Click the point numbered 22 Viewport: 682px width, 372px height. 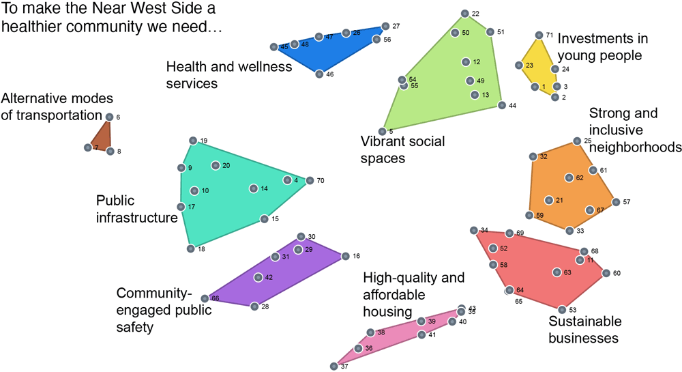click(464, 14)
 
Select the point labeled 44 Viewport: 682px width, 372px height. click(501, 105)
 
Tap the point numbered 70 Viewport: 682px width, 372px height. click(310, 181)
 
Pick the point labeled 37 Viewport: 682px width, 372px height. click(333, 367)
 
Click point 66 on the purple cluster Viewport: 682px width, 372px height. click(205, 299)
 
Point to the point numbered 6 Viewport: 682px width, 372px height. click(109, 117)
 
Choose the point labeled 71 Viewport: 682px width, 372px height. click(539, 35)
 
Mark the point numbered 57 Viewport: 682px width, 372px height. click(616, 202)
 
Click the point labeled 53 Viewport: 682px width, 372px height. click(563, 310)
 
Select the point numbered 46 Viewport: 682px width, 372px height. click(318, 74)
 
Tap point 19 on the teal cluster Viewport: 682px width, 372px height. click(193, 141)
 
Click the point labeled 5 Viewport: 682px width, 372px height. click(383, 131)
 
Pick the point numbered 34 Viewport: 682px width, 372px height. click(474, 230)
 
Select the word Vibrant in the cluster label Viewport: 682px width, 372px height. click(384, 141)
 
